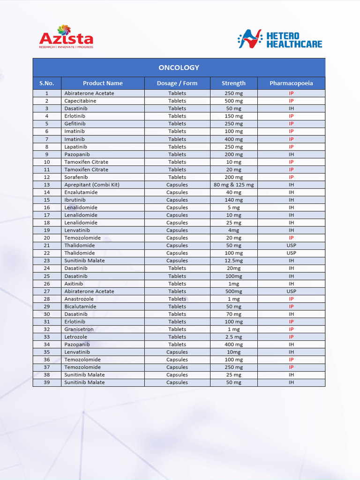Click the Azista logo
pos(66,37)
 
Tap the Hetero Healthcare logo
pos(280,39)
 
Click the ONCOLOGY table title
pos(179,67)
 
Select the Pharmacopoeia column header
pos(291,83)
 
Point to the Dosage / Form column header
pos(177,83)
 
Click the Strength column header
pos(233,83)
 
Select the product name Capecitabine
pos(80,101)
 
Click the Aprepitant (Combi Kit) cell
pos(92,185)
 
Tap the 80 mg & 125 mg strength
pos(233,185)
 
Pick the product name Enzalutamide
pos(81,192)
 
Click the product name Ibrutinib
pos(75,200)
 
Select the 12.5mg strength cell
pos(233,261)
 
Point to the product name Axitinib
pos(74,284)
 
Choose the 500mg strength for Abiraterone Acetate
pos(233,291)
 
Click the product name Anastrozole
pos(79,299)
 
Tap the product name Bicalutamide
pos(80,307)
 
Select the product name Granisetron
pos(79,330)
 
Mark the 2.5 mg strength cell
pos(233,337)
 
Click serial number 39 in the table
pos(47,382)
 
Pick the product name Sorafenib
pos(76,177)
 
